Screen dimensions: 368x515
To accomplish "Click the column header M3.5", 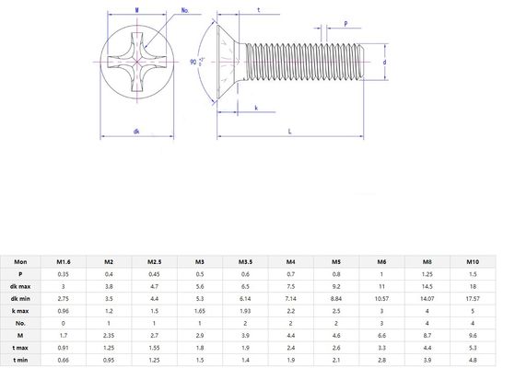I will point(245,262).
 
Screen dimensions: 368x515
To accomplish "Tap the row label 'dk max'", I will point(20,285).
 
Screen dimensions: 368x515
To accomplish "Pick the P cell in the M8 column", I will point(427,274).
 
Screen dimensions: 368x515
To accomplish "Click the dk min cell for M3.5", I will point(245,297).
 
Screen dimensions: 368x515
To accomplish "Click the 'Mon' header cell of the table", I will point(20,262).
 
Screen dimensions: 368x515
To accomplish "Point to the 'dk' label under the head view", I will point(135,132).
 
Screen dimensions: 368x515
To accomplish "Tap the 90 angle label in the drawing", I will point(194,62).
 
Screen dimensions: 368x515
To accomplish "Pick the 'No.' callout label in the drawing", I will point(185,10).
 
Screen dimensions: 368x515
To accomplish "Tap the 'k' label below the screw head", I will point(255,109).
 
